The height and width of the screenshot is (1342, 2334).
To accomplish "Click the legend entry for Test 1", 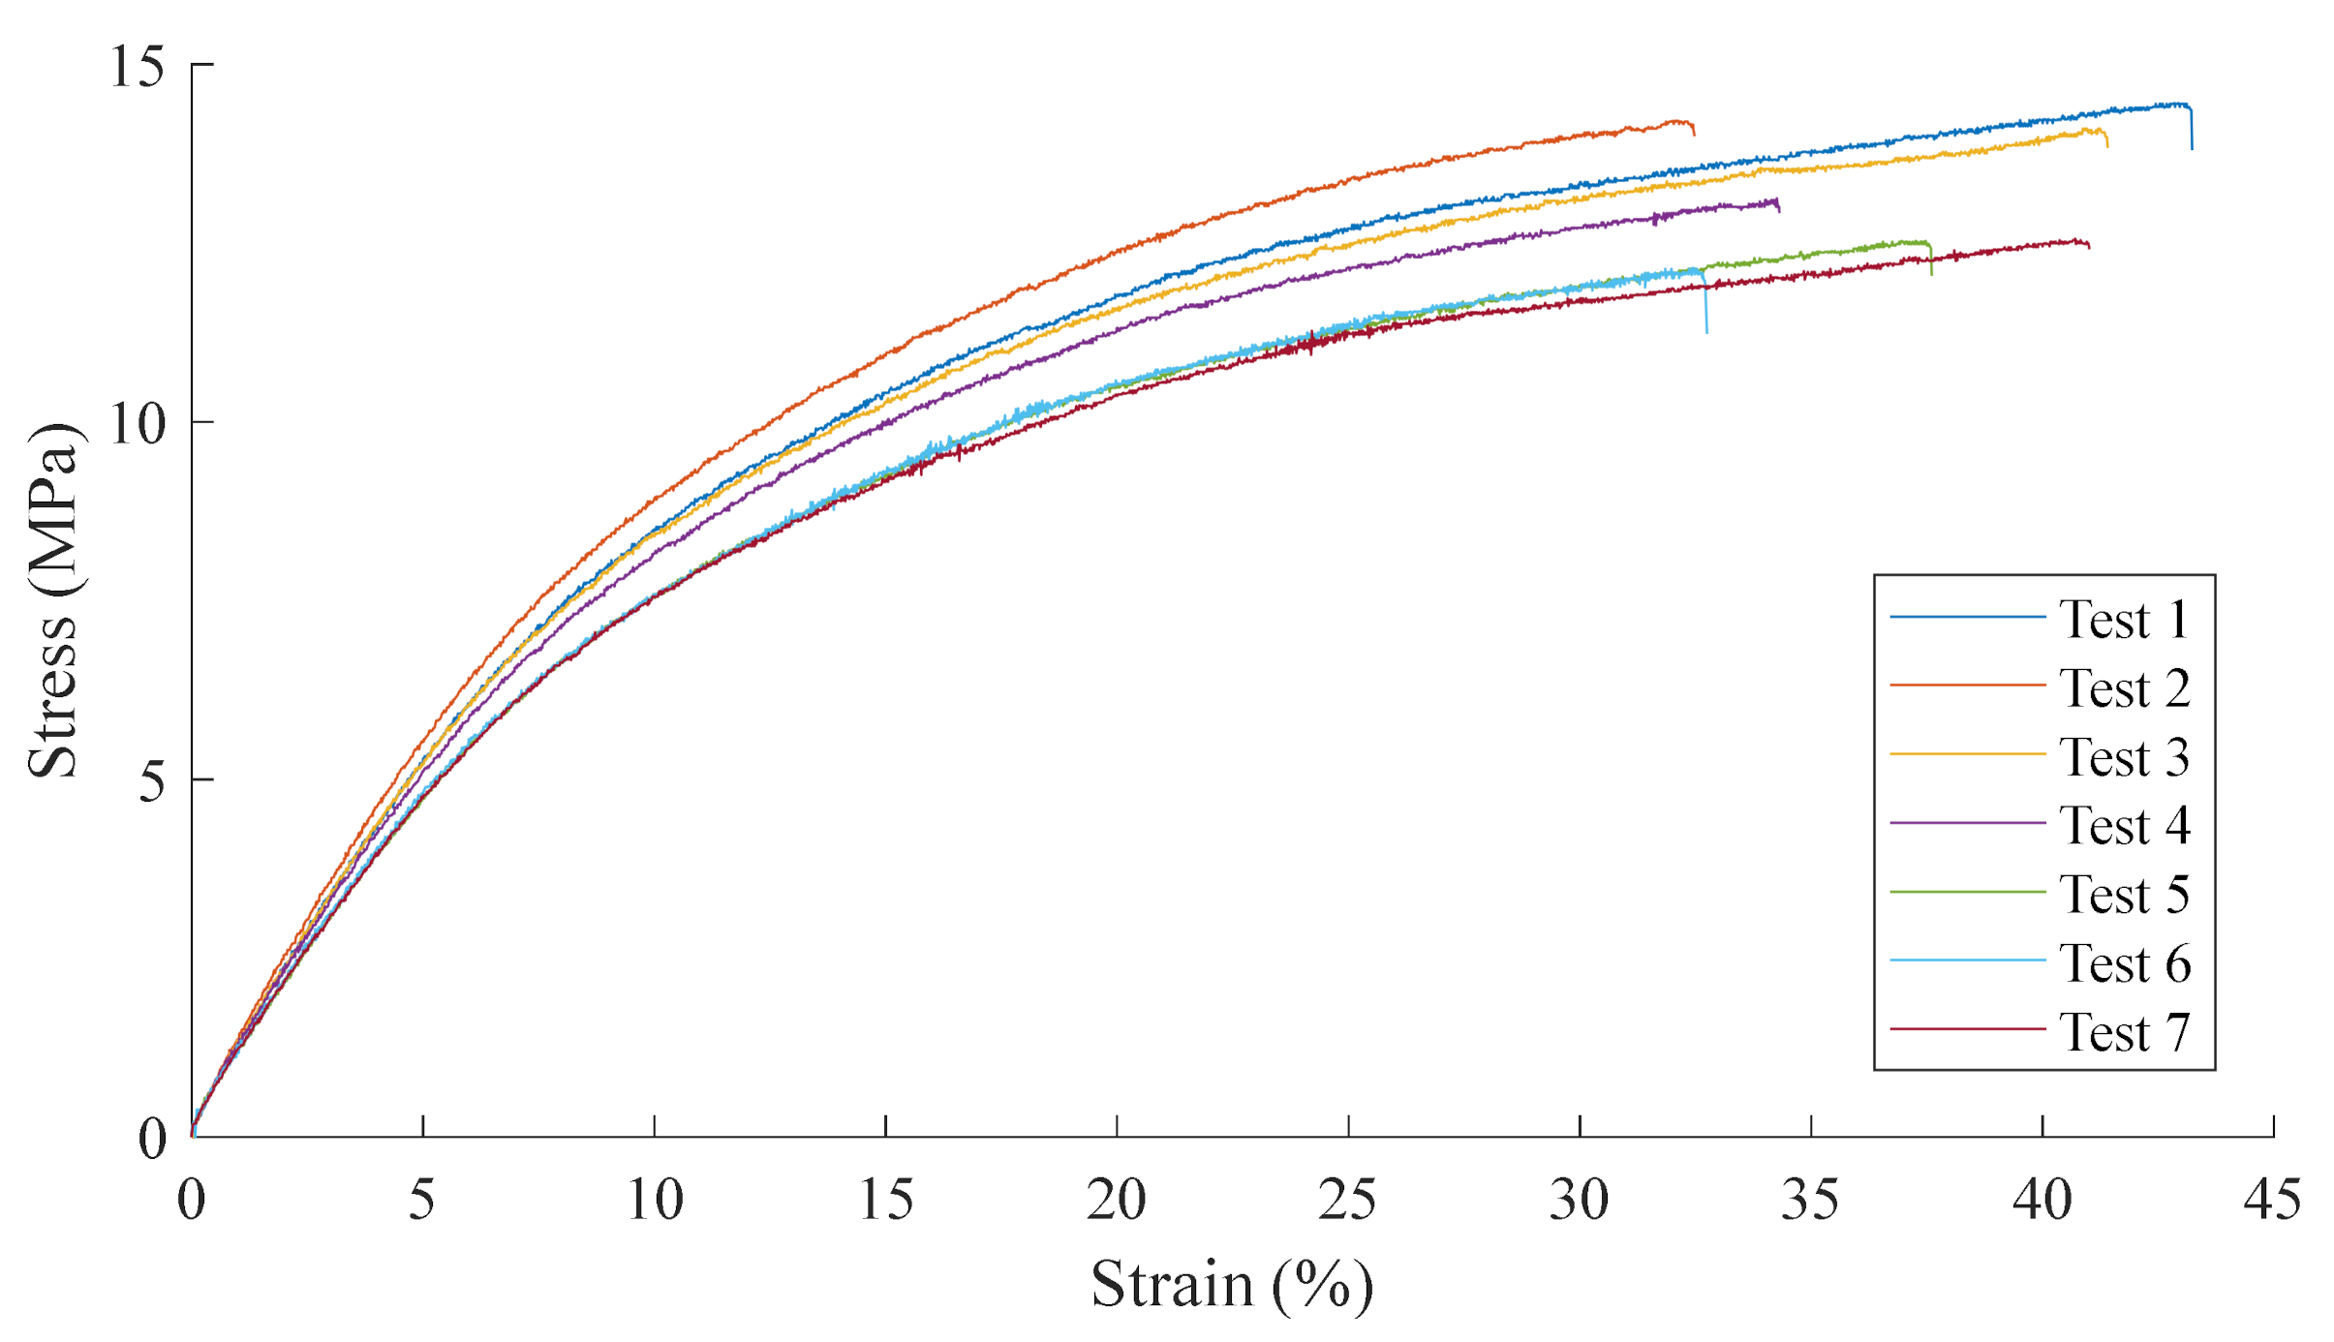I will coord(2123,620).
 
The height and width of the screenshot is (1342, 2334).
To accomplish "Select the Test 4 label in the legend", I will coord(2123,826).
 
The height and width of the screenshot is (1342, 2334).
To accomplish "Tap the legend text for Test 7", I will coord(2123,1032).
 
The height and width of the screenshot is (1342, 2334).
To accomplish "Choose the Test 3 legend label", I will coord(2123,757).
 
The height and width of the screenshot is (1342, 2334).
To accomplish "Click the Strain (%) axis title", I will coord(1232,1286).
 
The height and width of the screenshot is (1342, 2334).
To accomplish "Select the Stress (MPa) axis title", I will coord(52,600).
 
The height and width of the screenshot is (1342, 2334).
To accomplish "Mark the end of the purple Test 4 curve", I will coord(1778,206).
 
